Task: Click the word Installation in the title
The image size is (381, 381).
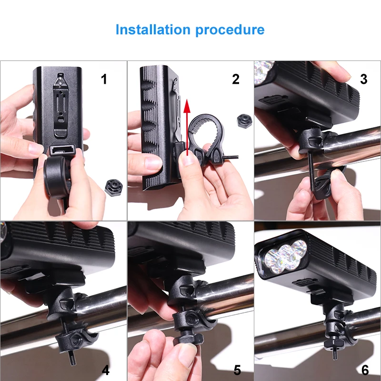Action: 153,30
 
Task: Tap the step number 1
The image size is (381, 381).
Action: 104,79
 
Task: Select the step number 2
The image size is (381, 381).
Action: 236,79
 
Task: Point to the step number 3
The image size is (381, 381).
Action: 363,79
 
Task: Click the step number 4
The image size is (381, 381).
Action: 105,371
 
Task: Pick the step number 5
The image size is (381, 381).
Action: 237,371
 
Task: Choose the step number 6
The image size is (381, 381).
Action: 365,371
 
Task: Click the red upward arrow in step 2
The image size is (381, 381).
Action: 187,127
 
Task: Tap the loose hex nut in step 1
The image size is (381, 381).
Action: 114,187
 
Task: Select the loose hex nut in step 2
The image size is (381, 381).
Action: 244,121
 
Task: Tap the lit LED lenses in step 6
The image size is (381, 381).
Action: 285,257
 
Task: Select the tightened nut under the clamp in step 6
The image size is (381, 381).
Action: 334,342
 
